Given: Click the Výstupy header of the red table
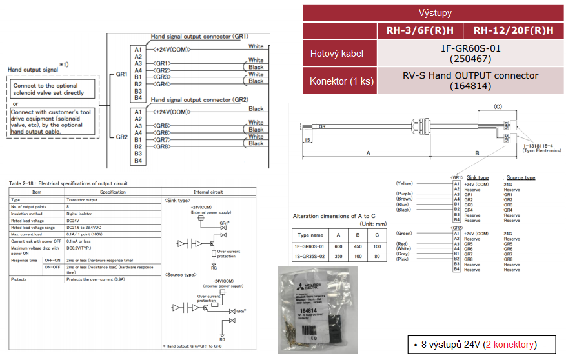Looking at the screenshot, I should [x=435, y=13].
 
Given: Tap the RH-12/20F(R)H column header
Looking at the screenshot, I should [x=513, y=31].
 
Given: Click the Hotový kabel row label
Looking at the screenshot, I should [x=337, y=54].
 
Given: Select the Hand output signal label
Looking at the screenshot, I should [x=32, y=69].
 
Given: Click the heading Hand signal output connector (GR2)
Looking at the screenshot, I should [x=199, y=100].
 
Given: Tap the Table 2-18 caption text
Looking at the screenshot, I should [x=68, y=183].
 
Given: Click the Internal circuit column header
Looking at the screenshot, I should [x=209, y=192].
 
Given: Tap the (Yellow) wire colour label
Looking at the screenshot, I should [x=405, y=183].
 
